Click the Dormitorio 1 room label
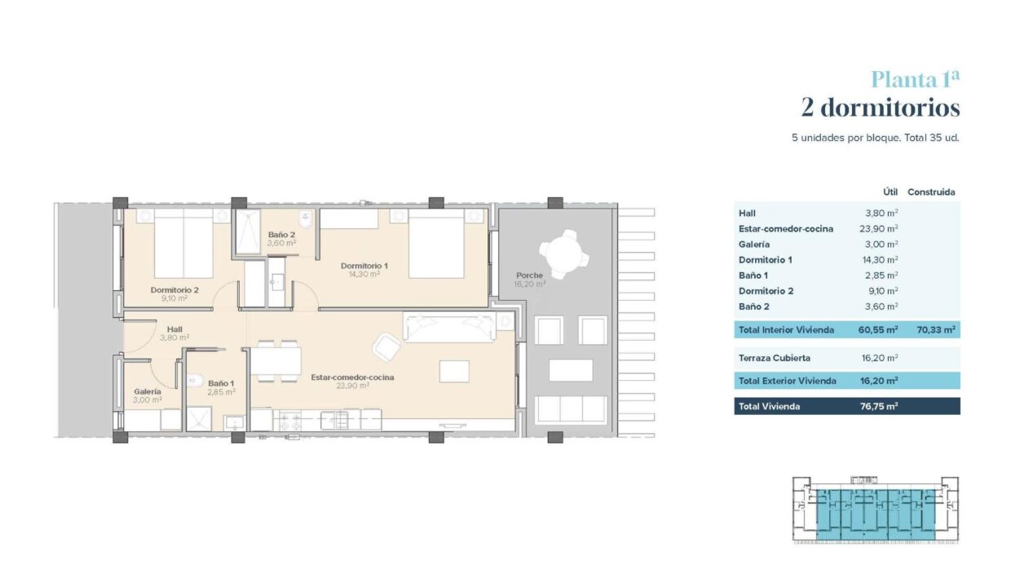tap(364, 266)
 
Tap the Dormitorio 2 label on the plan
tap(174, 290)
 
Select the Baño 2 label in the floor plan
tap(281, 235)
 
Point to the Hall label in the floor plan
tap(174, 329)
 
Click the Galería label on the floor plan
tap(148, 391)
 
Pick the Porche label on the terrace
tap(529, 276)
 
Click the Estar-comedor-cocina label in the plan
tap(352, 377)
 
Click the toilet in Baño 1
tap(195, 381)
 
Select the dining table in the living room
tap(276, 361)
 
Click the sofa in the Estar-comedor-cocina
tap(449, 327)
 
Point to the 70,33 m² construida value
tap(936, 330)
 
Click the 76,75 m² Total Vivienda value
tap(879, 406)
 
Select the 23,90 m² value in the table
tap(878, 229)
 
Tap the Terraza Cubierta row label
tap(775, 358)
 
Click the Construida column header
tap(931, 192)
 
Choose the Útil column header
tap(890, 192)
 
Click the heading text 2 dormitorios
tap(880, 108)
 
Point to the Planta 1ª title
tap(915, 79)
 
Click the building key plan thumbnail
tap(876, 510)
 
